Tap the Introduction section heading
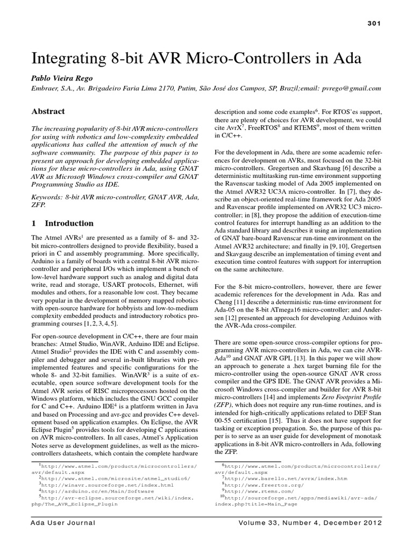tap(69, 223)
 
